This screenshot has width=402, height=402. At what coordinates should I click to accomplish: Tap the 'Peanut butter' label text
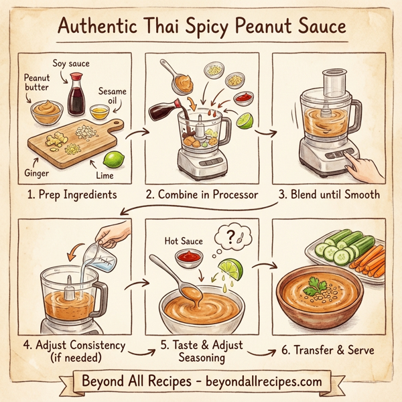tap(37, 83)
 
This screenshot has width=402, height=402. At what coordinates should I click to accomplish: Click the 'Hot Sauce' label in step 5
tap(182, 239)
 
